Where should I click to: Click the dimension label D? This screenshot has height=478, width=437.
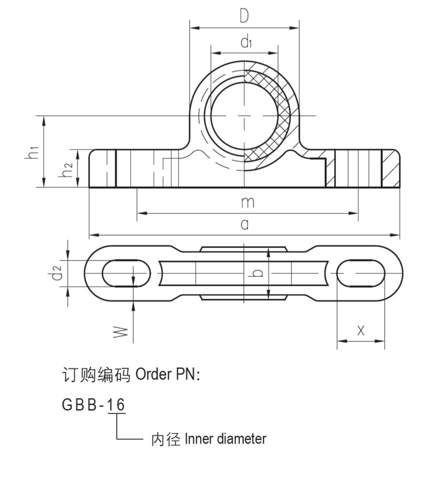(x=244, y=16)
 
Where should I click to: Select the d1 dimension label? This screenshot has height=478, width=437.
(x=246, y=43)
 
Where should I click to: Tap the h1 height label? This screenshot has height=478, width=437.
(x=32, y=152)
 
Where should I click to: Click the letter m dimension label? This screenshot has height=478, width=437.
(x=247, y=202)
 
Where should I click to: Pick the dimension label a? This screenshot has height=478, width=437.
(x=245, y=224)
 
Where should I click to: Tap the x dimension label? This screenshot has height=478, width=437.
(x=360, y=330)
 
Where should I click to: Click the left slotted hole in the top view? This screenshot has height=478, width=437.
(x=126, y=273)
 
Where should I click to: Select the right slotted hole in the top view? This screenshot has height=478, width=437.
(x=361, y=273)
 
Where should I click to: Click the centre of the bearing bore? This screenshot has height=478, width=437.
(x=244, y=116)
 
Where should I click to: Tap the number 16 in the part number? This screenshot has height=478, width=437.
(x=116, y=404)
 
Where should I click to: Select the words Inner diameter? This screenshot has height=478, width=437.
(x=225, y=439)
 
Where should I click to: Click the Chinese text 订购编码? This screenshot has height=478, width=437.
(x=96, y=375)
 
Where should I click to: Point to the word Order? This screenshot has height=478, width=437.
(x=153, y=375)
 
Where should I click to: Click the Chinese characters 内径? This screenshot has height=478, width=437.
(x=166, y=440)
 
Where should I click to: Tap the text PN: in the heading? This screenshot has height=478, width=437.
(x=187, y=375)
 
